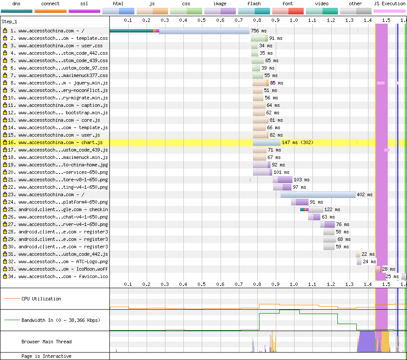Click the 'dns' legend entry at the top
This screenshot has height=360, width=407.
click(x=16, y=4)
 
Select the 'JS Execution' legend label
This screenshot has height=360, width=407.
click(x=389, y=4)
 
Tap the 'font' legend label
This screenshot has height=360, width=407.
click(x=288, y=4)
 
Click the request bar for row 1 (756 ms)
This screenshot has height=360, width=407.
click(x=179, y=31)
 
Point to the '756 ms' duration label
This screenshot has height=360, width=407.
click(x=259, y=31)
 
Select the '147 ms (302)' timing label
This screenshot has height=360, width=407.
click(x=298, y=143)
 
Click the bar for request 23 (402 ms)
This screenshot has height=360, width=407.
click(x=318, y=194)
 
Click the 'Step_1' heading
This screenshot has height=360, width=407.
click(x=9, y=22)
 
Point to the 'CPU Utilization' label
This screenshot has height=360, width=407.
click(x=41, y=299)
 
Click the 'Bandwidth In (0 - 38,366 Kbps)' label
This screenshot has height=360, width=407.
click(x=61, y=321)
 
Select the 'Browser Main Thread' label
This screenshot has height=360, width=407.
click(x=46, y=342)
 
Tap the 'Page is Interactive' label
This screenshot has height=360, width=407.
click(x=46, y=356)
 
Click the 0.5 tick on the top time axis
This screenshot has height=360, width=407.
click(x=201, y=20)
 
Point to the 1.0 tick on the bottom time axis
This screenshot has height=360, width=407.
click(x=294, y=284)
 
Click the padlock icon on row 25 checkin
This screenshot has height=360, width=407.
click(x=5, y=209)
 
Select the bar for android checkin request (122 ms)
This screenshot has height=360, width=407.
click(x=312, y=210)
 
